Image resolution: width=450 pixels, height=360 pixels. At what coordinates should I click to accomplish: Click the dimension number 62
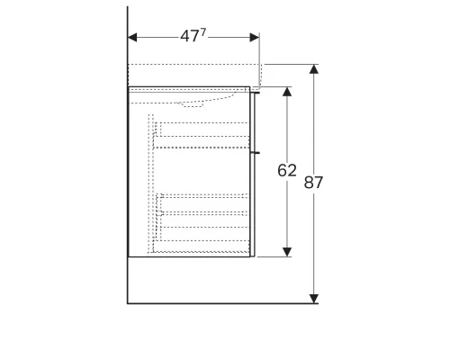[287, 170]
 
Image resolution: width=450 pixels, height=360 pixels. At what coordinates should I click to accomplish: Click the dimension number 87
[313, 182]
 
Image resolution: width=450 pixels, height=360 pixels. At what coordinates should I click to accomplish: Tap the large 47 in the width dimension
[189, 37]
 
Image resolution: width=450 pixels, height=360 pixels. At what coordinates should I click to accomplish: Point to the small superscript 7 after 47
[203, 32]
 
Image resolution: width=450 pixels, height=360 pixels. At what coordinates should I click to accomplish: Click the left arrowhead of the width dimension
[132, 38]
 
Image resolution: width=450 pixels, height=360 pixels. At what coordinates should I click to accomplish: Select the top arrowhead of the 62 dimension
[287, 92]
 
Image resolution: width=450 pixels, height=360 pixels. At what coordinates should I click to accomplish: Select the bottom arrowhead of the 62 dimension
[287, 251]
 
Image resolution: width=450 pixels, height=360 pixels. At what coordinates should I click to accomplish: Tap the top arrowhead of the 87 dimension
[313, 69]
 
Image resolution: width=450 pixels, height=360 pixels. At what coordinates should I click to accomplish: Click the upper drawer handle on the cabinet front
[256, 91]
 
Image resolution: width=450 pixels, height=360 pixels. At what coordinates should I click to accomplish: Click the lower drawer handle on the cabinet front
[256, 153]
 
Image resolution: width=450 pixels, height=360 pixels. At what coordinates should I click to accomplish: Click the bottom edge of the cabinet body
[189, 256]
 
